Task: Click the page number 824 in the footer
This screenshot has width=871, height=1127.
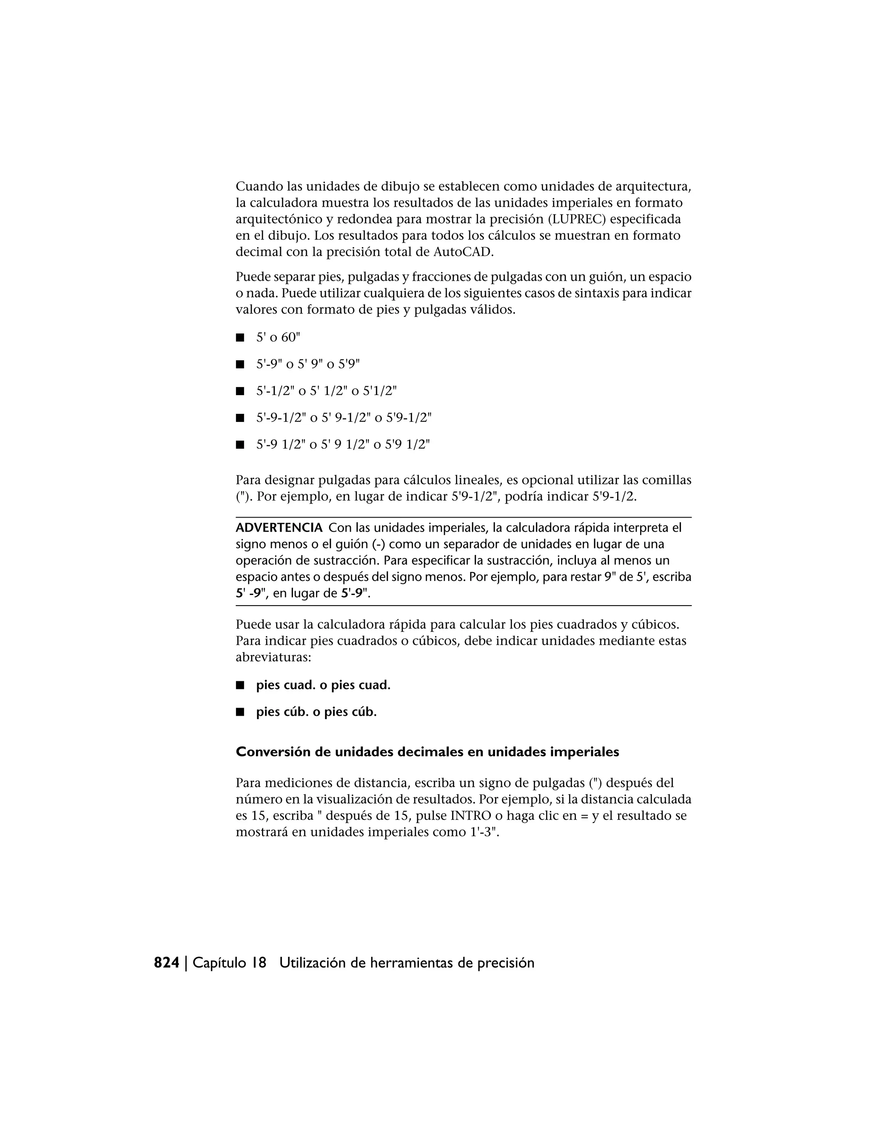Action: (167, 963)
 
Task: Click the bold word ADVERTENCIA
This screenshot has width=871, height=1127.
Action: (279, 528)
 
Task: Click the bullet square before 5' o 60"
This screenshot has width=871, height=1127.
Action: (239, 338)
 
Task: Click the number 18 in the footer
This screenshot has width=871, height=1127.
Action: (259, 963)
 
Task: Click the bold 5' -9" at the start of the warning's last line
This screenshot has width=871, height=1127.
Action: (251, 593)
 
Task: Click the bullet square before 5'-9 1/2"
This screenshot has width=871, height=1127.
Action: (239, 445)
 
